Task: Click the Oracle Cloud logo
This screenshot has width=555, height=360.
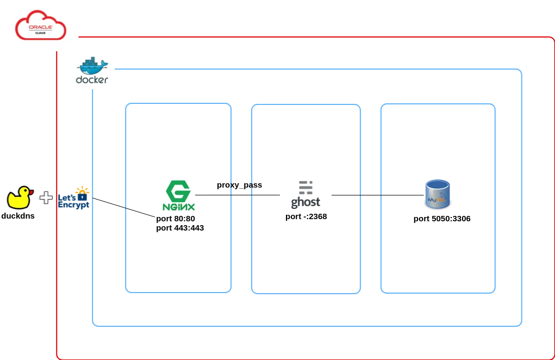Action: (x=40, y=26)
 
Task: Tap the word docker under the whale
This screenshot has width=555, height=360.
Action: (x=92, y=80)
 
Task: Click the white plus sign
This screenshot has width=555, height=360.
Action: (x=46, y=198)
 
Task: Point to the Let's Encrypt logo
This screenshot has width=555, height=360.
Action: (x=74, y=198)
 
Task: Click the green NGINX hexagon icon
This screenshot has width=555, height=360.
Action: (x=178, y=192)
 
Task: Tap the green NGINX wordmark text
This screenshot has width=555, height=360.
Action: (x=178, y=207)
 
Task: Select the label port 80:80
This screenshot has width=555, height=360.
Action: (x=175, y=219)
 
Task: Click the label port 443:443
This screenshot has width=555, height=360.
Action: (x=179, y=228)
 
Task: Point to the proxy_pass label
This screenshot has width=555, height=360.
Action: (x=239, y=185)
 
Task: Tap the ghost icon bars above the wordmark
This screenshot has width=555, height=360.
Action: (x=305, y=188)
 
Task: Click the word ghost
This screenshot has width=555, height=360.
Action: (x=305, y=203)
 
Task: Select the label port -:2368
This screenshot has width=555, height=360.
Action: (x=306, y=216)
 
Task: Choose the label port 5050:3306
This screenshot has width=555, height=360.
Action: (x=442, y=219)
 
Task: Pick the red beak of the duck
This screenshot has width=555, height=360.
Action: (x=30, y=193)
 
